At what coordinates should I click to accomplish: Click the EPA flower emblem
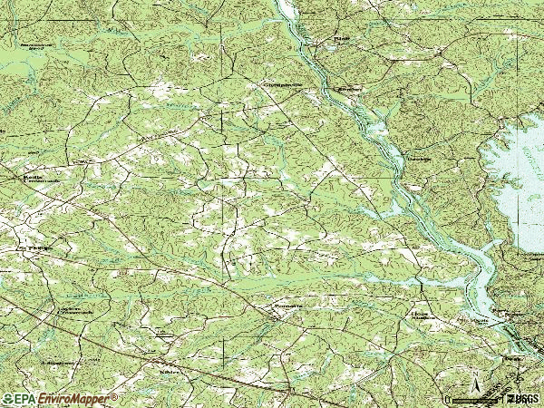click(x=8, y=398)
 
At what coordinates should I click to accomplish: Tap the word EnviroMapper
click(x=76, y=398)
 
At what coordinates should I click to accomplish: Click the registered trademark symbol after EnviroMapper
click(x=115, y=395)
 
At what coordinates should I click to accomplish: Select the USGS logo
click(x=525, y=398)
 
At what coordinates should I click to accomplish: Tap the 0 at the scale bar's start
click(x=447, y=398)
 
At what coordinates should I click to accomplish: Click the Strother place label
click(x=348, y=90)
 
